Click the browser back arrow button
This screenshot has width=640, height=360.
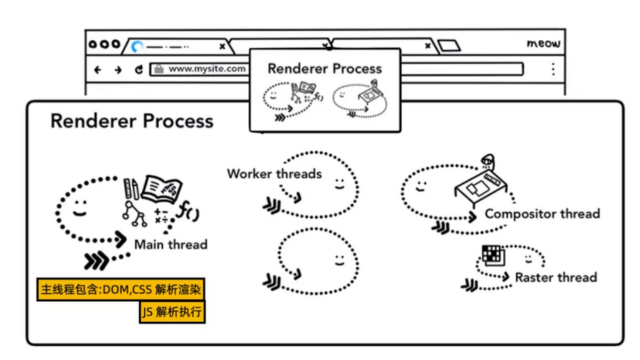(98, 69)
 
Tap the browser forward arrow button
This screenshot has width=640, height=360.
(118, 69)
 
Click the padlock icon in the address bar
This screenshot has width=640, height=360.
(159, 69)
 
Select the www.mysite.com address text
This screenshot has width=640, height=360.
(207, 69)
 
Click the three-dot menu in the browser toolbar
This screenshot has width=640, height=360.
(553, 69)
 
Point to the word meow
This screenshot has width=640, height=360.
(543, 44)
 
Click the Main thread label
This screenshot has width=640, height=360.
(171, 244)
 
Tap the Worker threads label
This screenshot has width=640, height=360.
(274, 173)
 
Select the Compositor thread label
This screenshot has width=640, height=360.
(542, 213)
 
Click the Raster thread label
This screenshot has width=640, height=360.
(556, 277)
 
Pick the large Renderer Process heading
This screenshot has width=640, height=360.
(131, 121)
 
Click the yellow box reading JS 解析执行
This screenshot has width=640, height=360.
(172, 312)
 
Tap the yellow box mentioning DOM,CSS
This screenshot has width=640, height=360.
(121, 289)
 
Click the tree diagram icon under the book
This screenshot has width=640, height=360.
(134, 214)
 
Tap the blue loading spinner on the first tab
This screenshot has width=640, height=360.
(137, 46)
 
